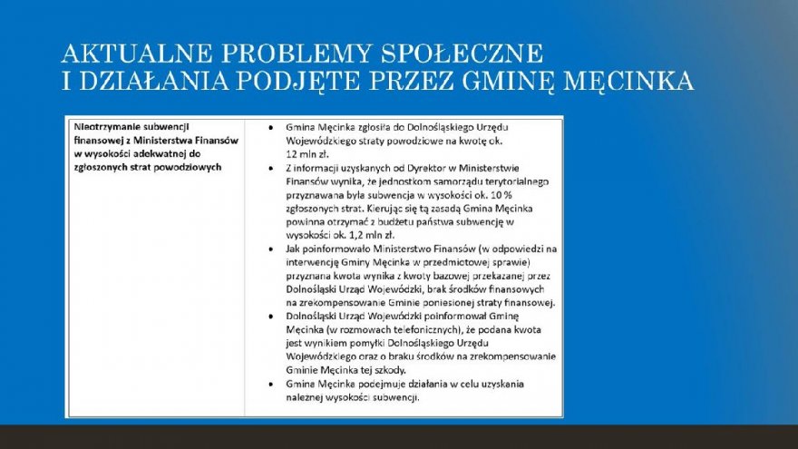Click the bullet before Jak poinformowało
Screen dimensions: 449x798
[271, 246]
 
